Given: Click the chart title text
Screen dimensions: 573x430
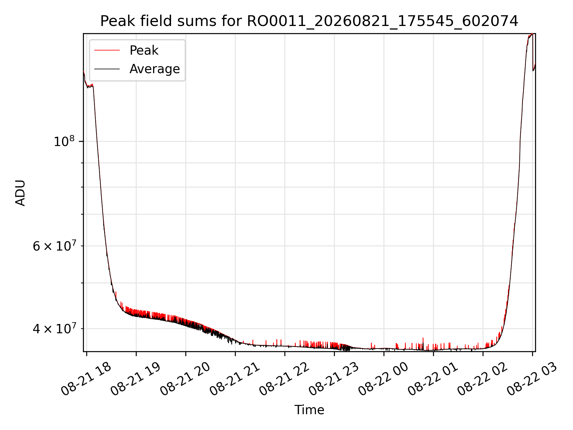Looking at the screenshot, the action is pyautogui.click(x=309, y=21).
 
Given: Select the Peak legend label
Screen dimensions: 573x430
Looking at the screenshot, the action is pyautogui.click(x=144, y=50).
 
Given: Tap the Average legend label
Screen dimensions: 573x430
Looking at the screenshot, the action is pyautogui.click(x=155, y=69).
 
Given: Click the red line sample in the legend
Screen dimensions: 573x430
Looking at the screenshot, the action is pyautogui.click(x=107, y=50).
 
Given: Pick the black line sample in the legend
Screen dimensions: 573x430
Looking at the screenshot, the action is pyautogui.click(x=107, y=69).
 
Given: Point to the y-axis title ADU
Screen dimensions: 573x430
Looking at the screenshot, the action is pyautogui.click(x=20, y=193).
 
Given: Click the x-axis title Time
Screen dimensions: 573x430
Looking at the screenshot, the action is pyautogui.click(x=309, y=410).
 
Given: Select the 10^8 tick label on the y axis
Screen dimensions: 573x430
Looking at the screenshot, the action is pyautogui.click(x=64, y=141).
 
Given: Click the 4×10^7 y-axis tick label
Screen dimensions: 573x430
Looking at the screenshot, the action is pyautogui.click(x=54, y=328).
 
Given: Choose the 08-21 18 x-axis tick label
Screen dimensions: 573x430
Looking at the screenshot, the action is pyautogui.click(x=86, y=379).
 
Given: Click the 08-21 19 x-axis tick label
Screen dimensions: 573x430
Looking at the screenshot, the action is pyautogui.click(x=136, y=379).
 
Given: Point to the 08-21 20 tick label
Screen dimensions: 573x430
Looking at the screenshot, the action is pyautogui.click(x=185, y=379).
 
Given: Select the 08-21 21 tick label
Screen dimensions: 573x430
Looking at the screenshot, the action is pyautogui.click(x=235, y=379).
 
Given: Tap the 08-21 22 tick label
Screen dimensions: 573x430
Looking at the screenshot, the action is pyautogui.click(x=284, y=379).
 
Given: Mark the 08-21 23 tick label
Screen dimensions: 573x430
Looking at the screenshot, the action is pyautogui.click(x=334, y=379).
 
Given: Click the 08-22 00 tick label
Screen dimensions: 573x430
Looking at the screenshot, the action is pyautogui.click(x=383, y=379).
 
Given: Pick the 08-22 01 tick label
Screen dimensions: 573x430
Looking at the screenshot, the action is pyautogui.click(x=433, y=379).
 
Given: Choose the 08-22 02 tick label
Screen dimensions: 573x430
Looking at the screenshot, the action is pyautogui.click(x=483, y=379).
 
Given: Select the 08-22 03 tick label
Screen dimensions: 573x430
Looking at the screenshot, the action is pyautogui.click(x=532, y=379).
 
